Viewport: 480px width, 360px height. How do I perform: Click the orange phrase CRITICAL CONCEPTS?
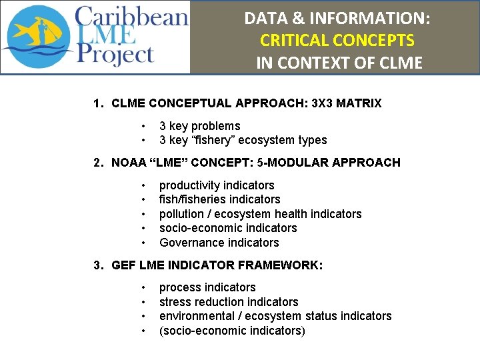pyautogui.click(x=337, y=40)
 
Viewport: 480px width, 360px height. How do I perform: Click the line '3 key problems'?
pyautogui.click(x=199, y=126)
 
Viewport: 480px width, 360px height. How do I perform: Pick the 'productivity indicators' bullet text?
pyautogui.click(x=217, y=185)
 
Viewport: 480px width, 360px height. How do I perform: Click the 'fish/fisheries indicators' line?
pyautogui.click(x=219, y=199)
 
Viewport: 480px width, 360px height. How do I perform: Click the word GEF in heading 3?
pyautogui.click(x=123, y=265)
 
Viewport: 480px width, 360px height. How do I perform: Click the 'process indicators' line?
pyautogui.click(x=207, y=287)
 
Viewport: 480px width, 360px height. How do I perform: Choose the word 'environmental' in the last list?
pyautogui.click(x=194, y=316)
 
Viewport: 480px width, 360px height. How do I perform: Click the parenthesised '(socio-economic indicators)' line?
pyautogui.click(x=232, y=331)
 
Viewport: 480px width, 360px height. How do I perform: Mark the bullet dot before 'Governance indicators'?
pyautogui.click(x=143, y=243)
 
